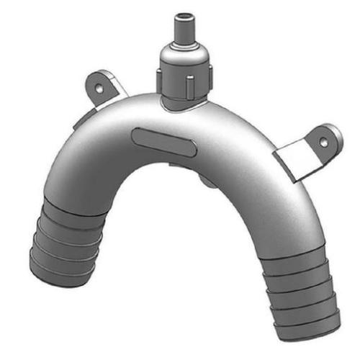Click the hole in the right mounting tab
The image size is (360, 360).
[x=323, y=142]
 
